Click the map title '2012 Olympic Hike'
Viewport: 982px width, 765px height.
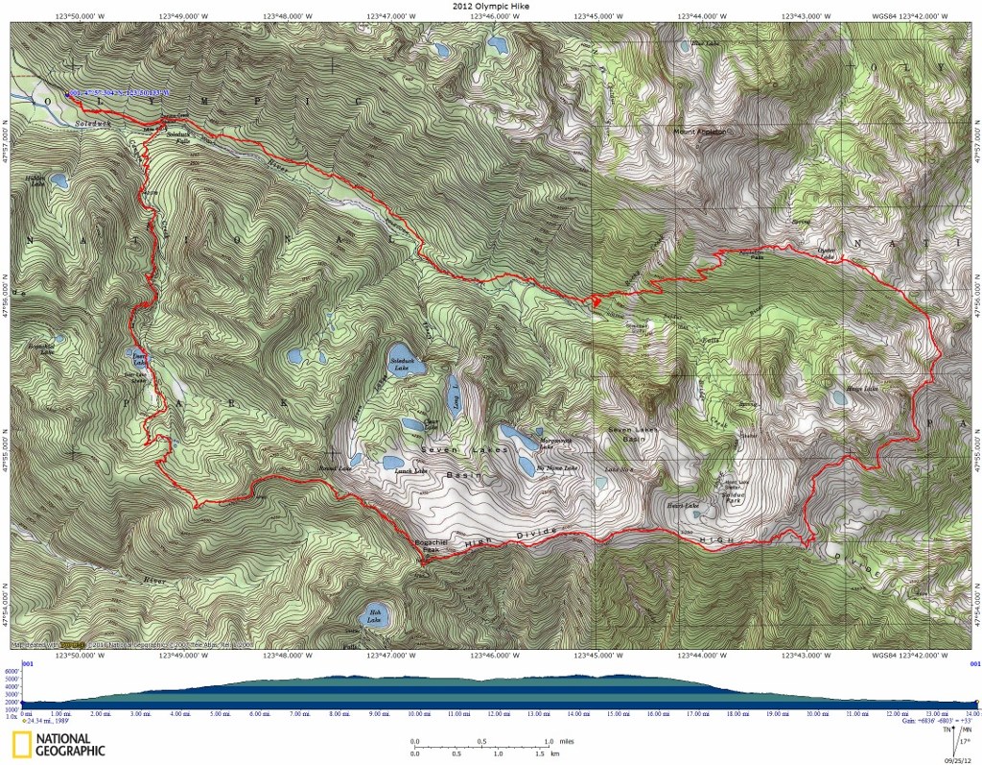[490, 6]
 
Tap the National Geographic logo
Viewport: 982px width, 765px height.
[58, 745]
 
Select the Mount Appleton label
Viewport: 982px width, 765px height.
[699, 131]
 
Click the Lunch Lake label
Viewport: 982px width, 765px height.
[409, 470]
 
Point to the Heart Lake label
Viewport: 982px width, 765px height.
[681, 505]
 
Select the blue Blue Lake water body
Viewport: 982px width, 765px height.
[682, 46]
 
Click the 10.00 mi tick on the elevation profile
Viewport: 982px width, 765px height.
[417, 713]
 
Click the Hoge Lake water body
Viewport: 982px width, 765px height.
[840, 396]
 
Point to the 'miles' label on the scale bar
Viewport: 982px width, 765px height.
[567, 742]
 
